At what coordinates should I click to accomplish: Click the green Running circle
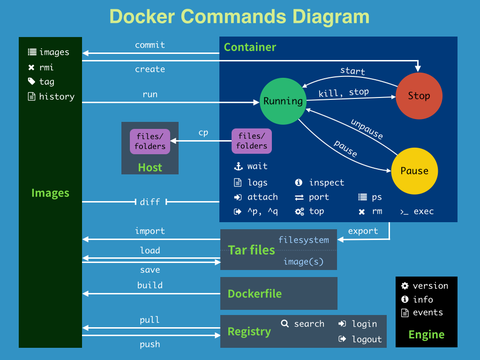282,101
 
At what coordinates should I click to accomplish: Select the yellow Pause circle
413,171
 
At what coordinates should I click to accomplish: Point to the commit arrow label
150,46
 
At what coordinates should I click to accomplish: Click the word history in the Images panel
58,96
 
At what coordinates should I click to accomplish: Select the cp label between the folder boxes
203,132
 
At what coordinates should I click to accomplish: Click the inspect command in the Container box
326,182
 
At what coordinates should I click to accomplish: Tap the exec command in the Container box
422,212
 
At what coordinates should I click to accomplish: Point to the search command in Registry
308,324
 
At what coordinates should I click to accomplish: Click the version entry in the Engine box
430,285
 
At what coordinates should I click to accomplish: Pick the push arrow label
150,343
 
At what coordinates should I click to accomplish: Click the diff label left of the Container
150,202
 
